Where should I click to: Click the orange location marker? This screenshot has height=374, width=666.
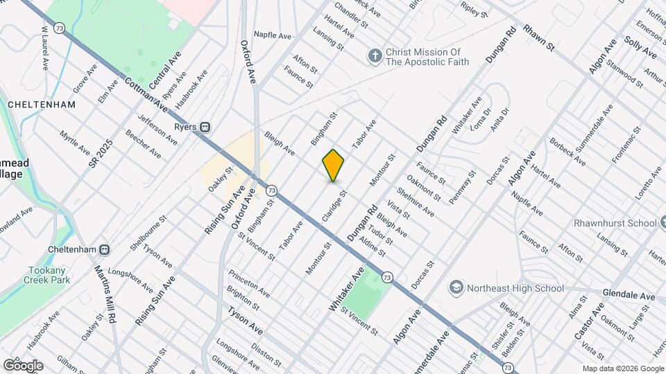(x=333, y=165)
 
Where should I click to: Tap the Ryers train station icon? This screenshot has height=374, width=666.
(x=205, y=127)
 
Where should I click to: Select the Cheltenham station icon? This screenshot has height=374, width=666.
(x=104, y=249)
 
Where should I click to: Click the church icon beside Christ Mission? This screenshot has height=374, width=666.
(x=375, y=56)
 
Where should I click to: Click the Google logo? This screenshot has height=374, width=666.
(x=23, y=365)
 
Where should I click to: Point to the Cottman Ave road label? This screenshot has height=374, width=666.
(x=146, y=94)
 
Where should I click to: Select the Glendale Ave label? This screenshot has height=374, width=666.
(x=629, y=295)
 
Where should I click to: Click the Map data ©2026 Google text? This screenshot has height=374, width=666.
(x=622, y=368)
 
